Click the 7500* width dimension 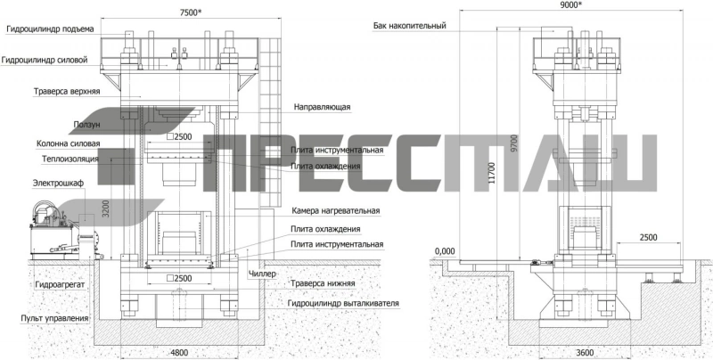tap(191, 12)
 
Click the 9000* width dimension tap(570, 5)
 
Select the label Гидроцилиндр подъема tap(50, 29)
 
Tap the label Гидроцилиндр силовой tap(45, 60)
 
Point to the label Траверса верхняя tap(67, 92)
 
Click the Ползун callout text tap(86, 124)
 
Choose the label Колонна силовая tap(69, 143)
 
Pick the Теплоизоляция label tap(70, 160)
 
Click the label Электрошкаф tap(58, 184)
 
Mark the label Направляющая tap(322, 107)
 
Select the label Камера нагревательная tap(336, 211)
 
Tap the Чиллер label tap(262, 274)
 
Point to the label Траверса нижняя tap(323, 283)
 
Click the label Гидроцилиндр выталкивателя tap(343, 303)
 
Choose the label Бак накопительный tap(410, 26)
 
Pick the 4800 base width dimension tap(179, 352)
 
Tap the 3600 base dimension tap(585, 352)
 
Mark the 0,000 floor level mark tap(445, 251)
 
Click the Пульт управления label tap(54, 319)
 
